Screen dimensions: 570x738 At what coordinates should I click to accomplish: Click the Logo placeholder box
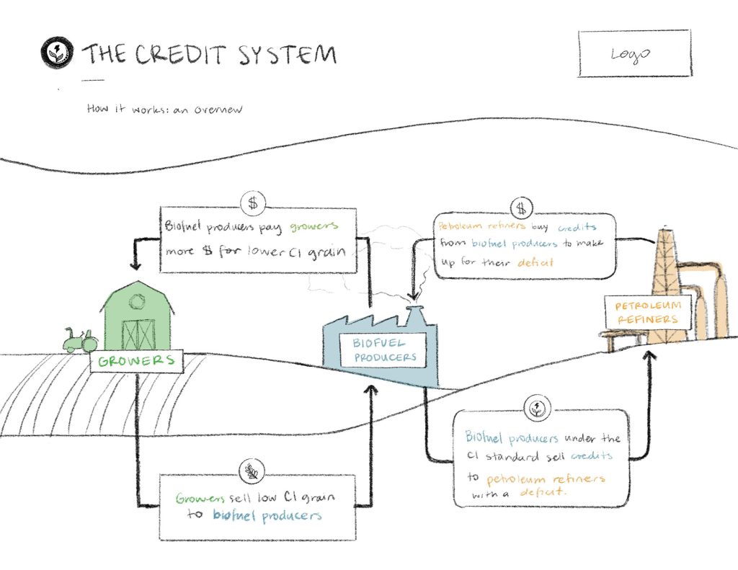(634, 54)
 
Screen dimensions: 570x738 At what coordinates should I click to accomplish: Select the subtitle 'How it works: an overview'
(164, 110)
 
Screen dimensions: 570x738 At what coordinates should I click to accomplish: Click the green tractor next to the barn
(78, 339)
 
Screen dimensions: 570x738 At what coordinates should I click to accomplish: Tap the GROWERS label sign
(136, 361)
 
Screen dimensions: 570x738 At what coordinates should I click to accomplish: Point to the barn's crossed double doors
(138, 334)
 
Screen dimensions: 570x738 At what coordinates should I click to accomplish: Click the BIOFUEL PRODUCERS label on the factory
(385, 350)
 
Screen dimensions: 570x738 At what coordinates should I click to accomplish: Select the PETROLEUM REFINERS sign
(646, 312)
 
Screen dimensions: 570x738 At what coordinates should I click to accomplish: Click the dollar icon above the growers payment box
(252, 202)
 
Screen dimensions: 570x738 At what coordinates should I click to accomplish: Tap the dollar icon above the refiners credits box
(520, 209)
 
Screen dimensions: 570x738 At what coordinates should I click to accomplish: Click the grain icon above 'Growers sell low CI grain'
(252, 472)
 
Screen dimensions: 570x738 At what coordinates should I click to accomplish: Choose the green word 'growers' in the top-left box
(314, 227)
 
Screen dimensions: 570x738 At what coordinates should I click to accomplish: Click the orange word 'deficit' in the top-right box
(535, 263)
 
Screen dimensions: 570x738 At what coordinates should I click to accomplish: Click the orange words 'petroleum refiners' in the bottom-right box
(546, 478)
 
